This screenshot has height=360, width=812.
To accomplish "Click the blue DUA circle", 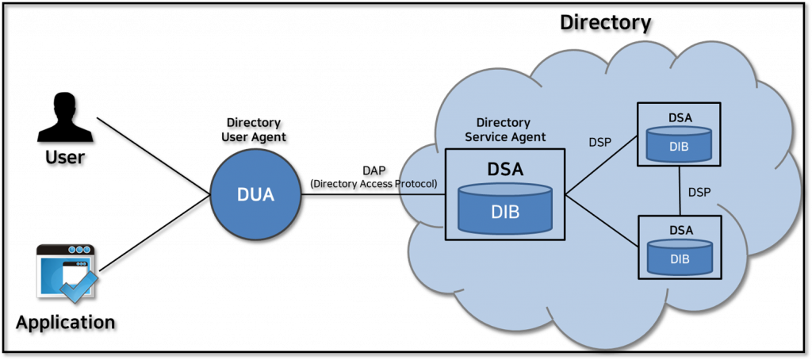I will (x=255, y=194).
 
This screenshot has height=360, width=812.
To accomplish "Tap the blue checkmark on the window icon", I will (x=80, y=286).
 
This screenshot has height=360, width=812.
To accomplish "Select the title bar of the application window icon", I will (x=65, y=250).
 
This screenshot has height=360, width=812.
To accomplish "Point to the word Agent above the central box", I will (x=528, y=137).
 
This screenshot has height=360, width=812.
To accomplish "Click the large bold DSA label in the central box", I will (x=505, y=170).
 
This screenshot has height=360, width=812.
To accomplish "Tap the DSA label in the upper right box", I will (x=680, y=117).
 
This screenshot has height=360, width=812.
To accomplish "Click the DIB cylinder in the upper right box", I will (x=680, y=144).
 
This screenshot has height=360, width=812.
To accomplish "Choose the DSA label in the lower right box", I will (x=680, y=230).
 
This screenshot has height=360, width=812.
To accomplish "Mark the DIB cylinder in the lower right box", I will (x=680, y=257).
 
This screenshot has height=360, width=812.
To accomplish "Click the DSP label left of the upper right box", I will (x=599, y=143).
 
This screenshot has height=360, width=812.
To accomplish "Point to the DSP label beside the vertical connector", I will (x=699, y=192).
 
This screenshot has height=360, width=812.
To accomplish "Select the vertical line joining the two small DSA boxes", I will (x=680, y=190).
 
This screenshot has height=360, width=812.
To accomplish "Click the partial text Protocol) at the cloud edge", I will (x=417, y=184).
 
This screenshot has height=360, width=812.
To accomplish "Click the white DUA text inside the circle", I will (x=255, y=195).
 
